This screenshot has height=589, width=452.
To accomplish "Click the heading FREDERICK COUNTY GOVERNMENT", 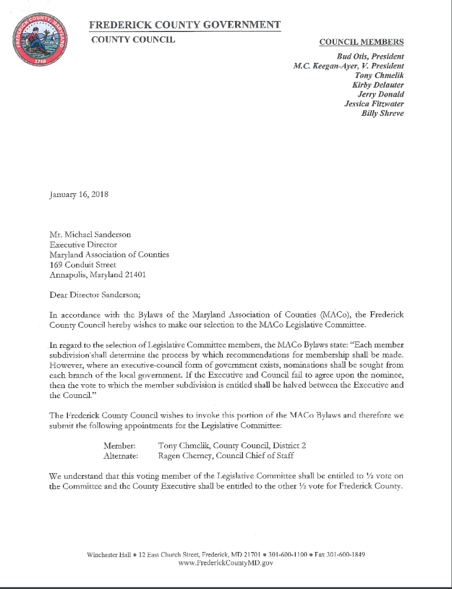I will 184,25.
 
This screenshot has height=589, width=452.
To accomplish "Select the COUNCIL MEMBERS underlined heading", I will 361,42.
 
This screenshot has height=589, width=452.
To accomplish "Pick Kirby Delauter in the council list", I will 377,85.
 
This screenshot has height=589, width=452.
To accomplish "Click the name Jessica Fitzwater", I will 374,104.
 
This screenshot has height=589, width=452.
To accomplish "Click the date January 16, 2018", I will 79,195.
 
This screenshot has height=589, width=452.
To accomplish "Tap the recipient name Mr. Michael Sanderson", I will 91,235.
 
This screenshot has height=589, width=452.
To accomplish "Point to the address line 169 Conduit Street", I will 83,264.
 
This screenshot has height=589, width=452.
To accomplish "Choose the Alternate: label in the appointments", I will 120,456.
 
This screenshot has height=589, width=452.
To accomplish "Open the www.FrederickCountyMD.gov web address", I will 226,563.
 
